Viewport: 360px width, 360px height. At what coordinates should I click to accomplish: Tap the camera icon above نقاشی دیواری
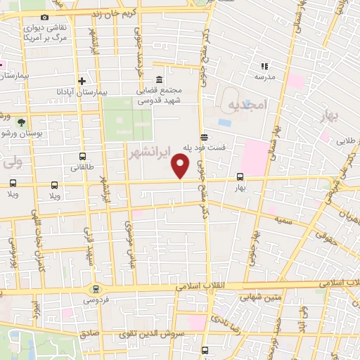45,17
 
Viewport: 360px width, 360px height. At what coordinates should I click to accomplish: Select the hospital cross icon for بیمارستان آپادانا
82,82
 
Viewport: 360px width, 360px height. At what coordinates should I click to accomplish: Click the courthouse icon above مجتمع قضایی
160,78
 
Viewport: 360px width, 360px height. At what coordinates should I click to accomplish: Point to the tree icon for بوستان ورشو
20,122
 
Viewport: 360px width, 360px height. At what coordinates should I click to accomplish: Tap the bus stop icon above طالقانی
84,157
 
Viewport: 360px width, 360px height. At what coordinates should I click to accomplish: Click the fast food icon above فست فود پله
204,137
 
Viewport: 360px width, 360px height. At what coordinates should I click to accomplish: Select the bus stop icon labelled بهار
240,177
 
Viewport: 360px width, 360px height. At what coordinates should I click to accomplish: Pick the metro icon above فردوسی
96,289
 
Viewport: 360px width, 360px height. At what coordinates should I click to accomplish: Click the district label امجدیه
247,104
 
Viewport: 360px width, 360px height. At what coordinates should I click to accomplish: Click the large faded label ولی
12,164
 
